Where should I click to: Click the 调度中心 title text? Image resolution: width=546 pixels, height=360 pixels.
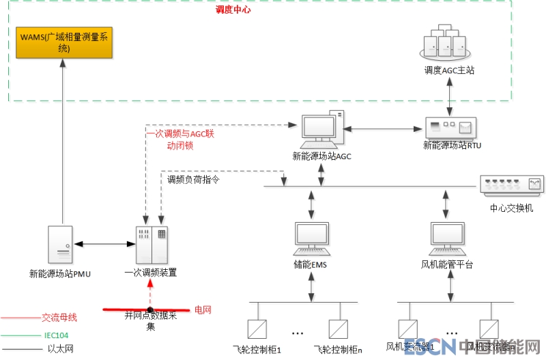[234, 11]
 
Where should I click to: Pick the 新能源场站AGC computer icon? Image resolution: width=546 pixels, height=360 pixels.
[321, 130]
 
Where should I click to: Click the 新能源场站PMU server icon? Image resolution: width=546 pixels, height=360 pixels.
[61, 244]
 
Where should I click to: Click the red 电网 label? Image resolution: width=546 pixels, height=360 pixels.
[203, 309]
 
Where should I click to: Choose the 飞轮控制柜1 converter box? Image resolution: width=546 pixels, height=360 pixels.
[257, 329]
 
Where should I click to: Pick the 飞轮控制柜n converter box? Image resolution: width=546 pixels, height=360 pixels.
[339, 329]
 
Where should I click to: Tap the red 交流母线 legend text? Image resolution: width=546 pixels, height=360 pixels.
[59, 318]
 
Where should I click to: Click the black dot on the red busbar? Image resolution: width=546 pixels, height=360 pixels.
[149, 310]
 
